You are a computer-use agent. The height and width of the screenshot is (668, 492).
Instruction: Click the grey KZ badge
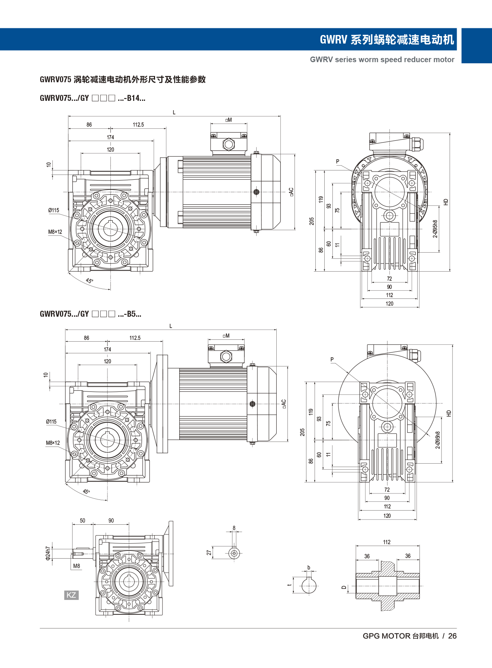[x=71, y=595]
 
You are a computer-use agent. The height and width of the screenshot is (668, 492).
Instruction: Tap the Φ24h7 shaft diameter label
[x=48, y=553]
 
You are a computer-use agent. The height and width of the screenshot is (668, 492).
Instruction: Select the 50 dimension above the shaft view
[x=83, y=521]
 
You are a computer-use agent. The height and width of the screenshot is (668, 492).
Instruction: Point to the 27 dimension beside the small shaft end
[x=209, y=553]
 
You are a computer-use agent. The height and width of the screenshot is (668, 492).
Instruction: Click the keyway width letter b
[x=309, y=568]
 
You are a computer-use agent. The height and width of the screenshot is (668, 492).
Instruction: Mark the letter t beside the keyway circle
[x=289, y=585]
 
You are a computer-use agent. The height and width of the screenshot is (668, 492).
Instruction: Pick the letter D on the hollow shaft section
[x=344, y=588]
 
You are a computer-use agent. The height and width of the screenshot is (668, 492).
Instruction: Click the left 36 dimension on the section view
[x=367, y=556]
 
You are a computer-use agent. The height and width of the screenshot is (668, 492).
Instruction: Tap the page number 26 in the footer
[x=452, y=636]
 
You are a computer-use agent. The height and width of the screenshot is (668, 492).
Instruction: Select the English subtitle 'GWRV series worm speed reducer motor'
[x=382, y=60]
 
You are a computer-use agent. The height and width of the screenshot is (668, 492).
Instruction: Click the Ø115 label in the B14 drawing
[x=54, y=210]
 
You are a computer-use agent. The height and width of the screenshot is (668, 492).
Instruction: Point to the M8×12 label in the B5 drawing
[x=53, y=443]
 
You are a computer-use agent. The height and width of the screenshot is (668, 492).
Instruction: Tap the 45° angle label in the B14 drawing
[x=90, y=281]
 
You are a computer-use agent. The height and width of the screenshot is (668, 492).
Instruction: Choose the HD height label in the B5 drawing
[x=449, y=413]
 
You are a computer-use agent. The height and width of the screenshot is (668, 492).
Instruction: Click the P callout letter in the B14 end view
[x=338, y=162]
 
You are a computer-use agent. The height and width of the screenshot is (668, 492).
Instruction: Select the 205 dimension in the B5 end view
[x=302, y=432]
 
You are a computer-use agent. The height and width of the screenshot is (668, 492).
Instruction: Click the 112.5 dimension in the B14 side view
[x=138, y=125]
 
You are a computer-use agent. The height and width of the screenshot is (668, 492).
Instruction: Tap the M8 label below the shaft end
[x=77, y=566]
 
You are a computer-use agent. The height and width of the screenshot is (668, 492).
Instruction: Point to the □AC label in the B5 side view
[x=284, y=404]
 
